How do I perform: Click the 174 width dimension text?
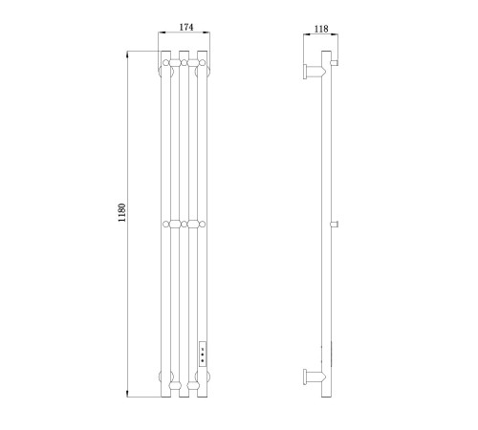click(186, 27)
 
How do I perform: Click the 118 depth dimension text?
click(321, 29)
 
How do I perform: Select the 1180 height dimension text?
click(122, 212)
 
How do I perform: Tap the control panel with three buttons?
click(203, 353)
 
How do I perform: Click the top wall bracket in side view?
click(314, 71)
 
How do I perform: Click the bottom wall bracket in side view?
click(314, 377)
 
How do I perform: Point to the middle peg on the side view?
click(335, 225)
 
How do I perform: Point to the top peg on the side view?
click(335, 63)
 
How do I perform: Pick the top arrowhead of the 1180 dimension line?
click(127, 54)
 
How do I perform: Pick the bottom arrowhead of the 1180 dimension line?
click(127, 394)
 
